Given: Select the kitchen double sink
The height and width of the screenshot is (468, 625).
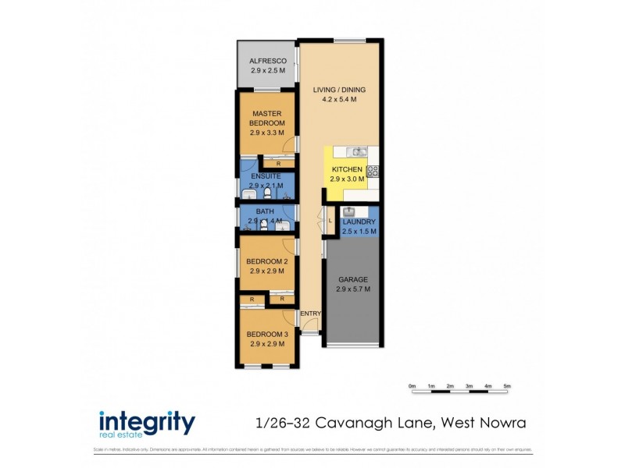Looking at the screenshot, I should pyautogui.click(x=356, y=151).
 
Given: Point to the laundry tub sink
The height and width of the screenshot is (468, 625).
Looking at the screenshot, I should pyautogui.click(x=349, y=211).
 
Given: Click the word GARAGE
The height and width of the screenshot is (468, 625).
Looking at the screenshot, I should pyautogui.click(x=353, y=279).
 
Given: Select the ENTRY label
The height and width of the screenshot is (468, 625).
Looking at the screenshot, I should pyautogui.click(x=311, y=314).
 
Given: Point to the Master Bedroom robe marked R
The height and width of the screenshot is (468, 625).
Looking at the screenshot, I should pyautogui.click(x=279, y=163).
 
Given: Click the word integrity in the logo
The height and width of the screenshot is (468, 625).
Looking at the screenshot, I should pyautogui.click(x=147, y=421).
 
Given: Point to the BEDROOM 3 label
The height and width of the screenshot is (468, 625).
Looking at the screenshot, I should pyautogui.click(x=266, y=334).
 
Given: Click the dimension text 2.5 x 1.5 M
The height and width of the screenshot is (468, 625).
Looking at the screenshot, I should pyautogui.click(x=359, y=231).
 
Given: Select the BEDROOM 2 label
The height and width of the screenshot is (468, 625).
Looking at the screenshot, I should pyautogui.click(x=266, y=261).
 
